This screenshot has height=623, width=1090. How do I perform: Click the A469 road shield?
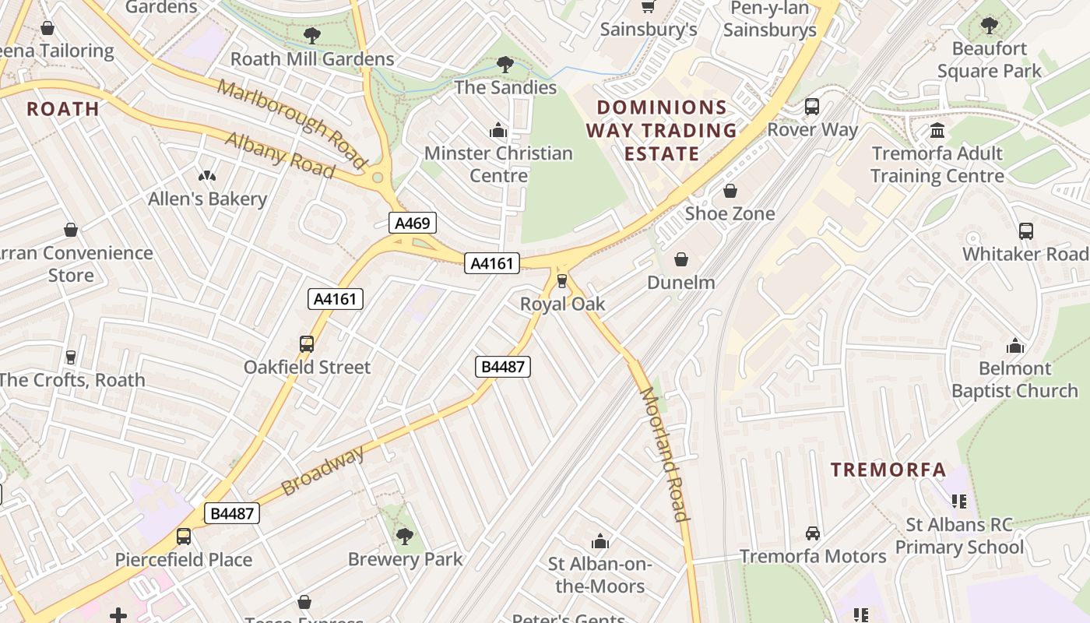tap(412, 224)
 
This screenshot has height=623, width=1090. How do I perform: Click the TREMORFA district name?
tap(888, 470)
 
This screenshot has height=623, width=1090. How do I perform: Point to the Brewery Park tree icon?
tap(404, 536)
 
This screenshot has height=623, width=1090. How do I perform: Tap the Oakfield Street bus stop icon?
tap(307, 344)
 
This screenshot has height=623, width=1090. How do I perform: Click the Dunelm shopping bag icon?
tap(681, 259)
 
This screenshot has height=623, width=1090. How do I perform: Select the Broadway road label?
tap(322, 471)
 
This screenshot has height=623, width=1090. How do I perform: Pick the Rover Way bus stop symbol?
tap(812, 107)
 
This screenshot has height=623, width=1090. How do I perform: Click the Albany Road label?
tap(280, 153)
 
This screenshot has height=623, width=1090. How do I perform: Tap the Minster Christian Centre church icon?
tap(498, 130)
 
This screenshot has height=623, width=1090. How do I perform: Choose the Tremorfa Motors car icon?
tap(813, 533)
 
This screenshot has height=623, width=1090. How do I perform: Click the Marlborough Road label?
tap(291, 123)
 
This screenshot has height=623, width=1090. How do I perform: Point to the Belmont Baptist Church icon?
tap(1015, 346)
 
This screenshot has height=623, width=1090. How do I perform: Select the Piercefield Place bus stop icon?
tap(184, 537)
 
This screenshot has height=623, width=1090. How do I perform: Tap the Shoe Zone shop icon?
tap(730, 191)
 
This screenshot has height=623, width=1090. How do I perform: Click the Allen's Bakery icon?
tap(207, 176)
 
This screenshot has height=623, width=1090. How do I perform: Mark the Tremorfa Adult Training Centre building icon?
tap(937, 130)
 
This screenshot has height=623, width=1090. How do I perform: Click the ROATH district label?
tap(63, 109)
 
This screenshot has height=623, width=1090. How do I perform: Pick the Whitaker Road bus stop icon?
tap(1026, 231)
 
